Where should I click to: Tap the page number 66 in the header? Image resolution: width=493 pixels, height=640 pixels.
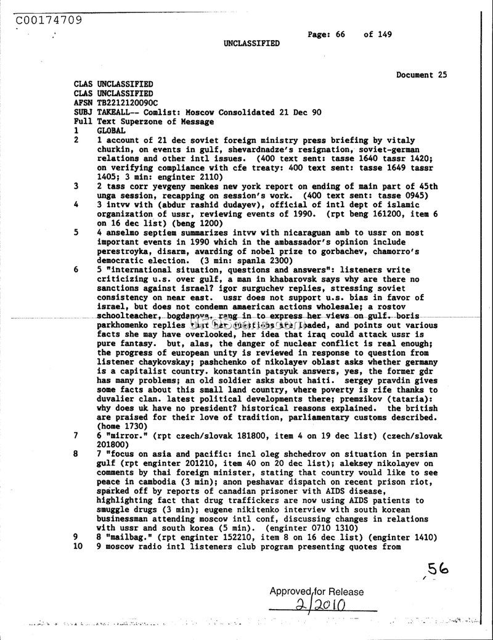(x=340, y=35)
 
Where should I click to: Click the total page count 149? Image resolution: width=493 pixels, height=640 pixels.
(x=385, y=35)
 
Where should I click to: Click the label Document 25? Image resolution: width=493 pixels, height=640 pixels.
(x=422, y=75)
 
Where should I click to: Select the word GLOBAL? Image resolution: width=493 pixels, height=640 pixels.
(x=112, y=131)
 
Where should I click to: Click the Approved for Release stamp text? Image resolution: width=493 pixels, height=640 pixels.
(x=316, y=592)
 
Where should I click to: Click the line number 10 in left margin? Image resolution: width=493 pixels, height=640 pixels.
(x=78, y=546)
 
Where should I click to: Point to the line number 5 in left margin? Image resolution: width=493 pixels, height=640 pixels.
(x=75, y=232)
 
